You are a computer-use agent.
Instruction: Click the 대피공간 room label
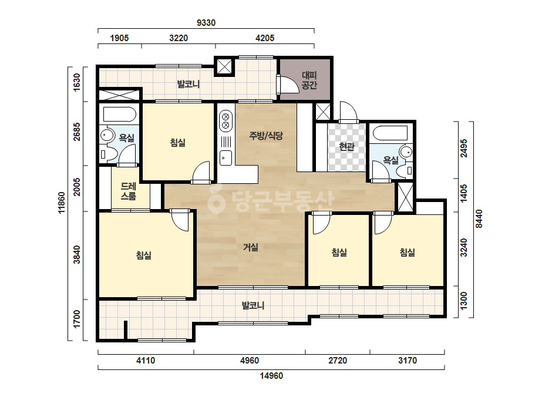point(309,80)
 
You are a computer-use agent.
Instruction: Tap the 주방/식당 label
point(266,136)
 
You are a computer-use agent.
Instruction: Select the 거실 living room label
point(251,247)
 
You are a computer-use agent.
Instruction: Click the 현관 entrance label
point(346,147)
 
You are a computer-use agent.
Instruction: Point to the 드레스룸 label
point(128,191)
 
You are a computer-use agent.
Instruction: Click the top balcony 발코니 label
point(188,84)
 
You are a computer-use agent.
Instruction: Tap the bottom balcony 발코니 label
point(253,305)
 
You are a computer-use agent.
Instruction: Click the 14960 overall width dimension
point(271,375)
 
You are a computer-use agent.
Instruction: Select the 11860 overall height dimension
point(62,203)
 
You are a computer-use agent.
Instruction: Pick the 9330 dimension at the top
point(206,23)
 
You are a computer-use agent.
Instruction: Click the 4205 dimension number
point(265,38)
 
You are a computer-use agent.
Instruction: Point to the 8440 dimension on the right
point(479,219)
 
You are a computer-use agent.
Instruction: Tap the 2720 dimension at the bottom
point(338,361)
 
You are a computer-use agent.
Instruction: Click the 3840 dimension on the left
point(77,254)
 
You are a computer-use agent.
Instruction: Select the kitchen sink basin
point(226,158)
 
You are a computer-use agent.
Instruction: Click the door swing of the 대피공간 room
point(289,84)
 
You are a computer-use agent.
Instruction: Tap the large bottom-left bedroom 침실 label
point(144,255)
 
